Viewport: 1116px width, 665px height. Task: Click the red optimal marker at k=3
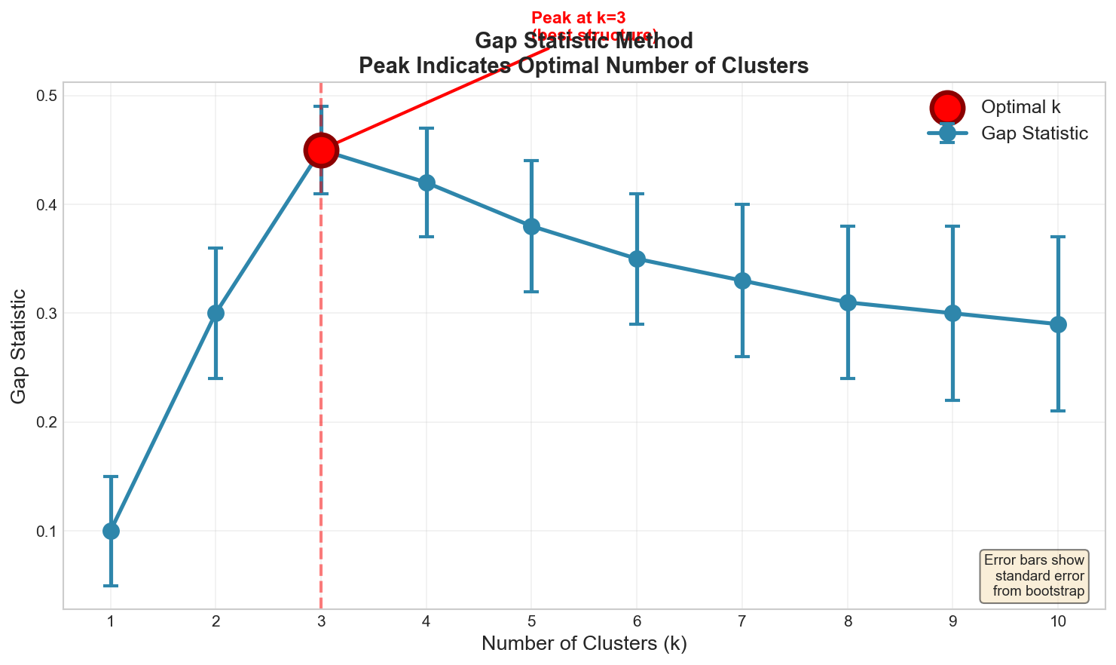pos(321,151)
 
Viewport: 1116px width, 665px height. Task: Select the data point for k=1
pos(111,531)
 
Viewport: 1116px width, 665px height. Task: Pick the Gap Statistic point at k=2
pos(216,313)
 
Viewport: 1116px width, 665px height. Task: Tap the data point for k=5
pos(531,226)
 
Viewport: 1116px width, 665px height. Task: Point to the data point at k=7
pos(742,281)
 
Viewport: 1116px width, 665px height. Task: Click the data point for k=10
pos(1058,325)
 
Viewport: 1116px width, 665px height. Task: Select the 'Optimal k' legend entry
pos(1020,107)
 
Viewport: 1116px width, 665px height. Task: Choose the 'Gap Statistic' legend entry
pos(1034,133)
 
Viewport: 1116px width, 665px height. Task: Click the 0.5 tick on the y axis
pos(50,96)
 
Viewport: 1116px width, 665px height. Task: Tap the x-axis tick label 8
pos(848,621)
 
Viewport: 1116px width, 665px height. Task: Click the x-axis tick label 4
pos(427,621)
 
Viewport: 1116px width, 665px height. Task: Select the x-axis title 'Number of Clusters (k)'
pos(584,644)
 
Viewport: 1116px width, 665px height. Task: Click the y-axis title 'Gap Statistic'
pos(20,345)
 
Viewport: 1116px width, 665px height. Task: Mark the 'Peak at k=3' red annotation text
pos(578,17)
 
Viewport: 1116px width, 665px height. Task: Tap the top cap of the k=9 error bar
pos(952,226)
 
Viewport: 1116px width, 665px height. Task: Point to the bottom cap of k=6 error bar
pos(637,324)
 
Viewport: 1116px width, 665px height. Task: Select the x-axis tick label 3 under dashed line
pos(321,621)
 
